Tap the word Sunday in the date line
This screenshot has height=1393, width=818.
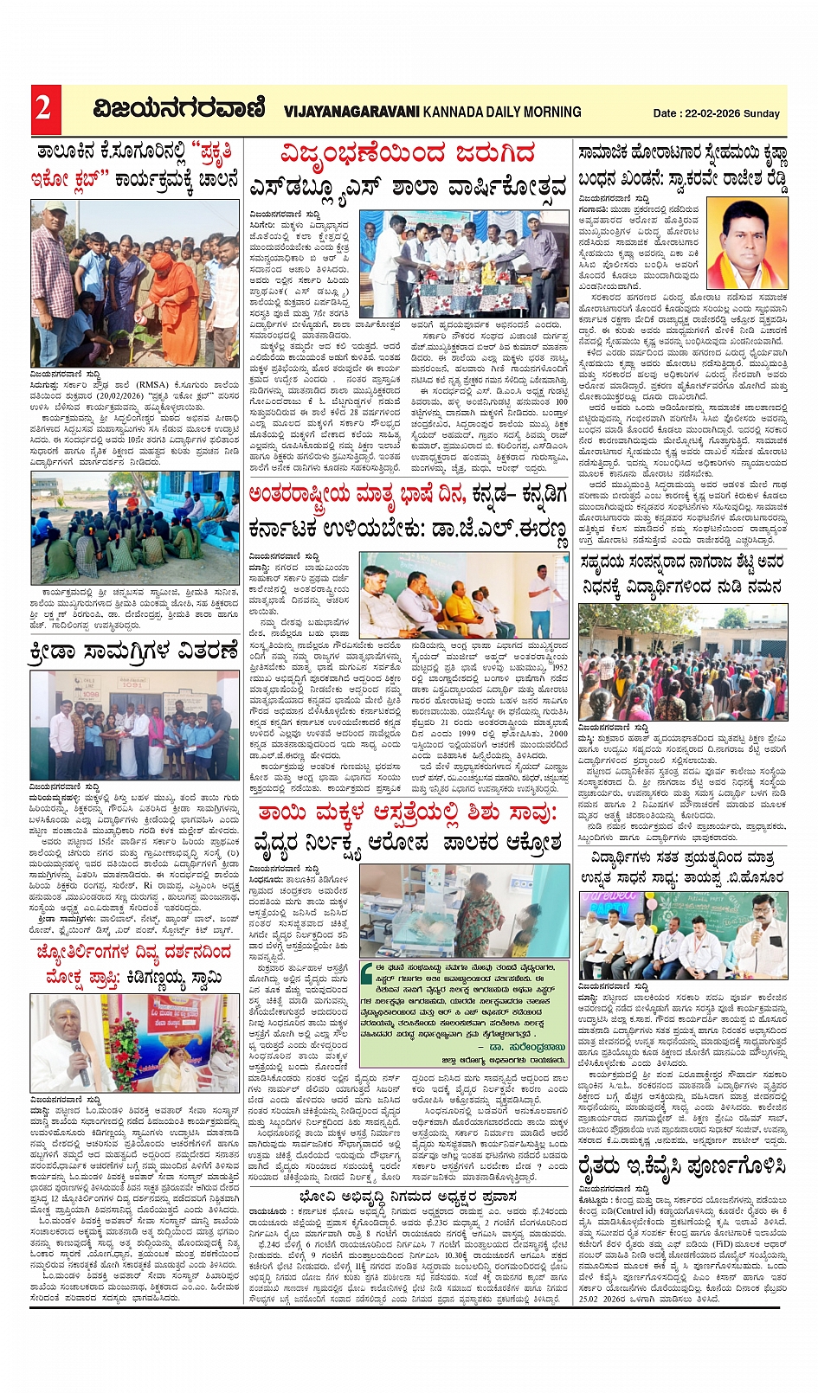[x=762, y=113]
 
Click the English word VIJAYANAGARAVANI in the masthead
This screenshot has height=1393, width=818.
[x=351, y=112]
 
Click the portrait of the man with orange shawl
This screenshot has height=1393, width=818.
[x=747, y=243]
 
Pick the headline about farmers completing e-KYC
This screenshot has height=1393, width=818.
[x=683, y=1166]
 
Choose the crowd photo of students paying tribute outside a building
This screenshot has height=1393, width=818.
[x=683, y=663]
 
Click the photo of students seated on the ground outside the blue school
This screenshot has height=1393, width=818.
[x=135, y=528]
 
